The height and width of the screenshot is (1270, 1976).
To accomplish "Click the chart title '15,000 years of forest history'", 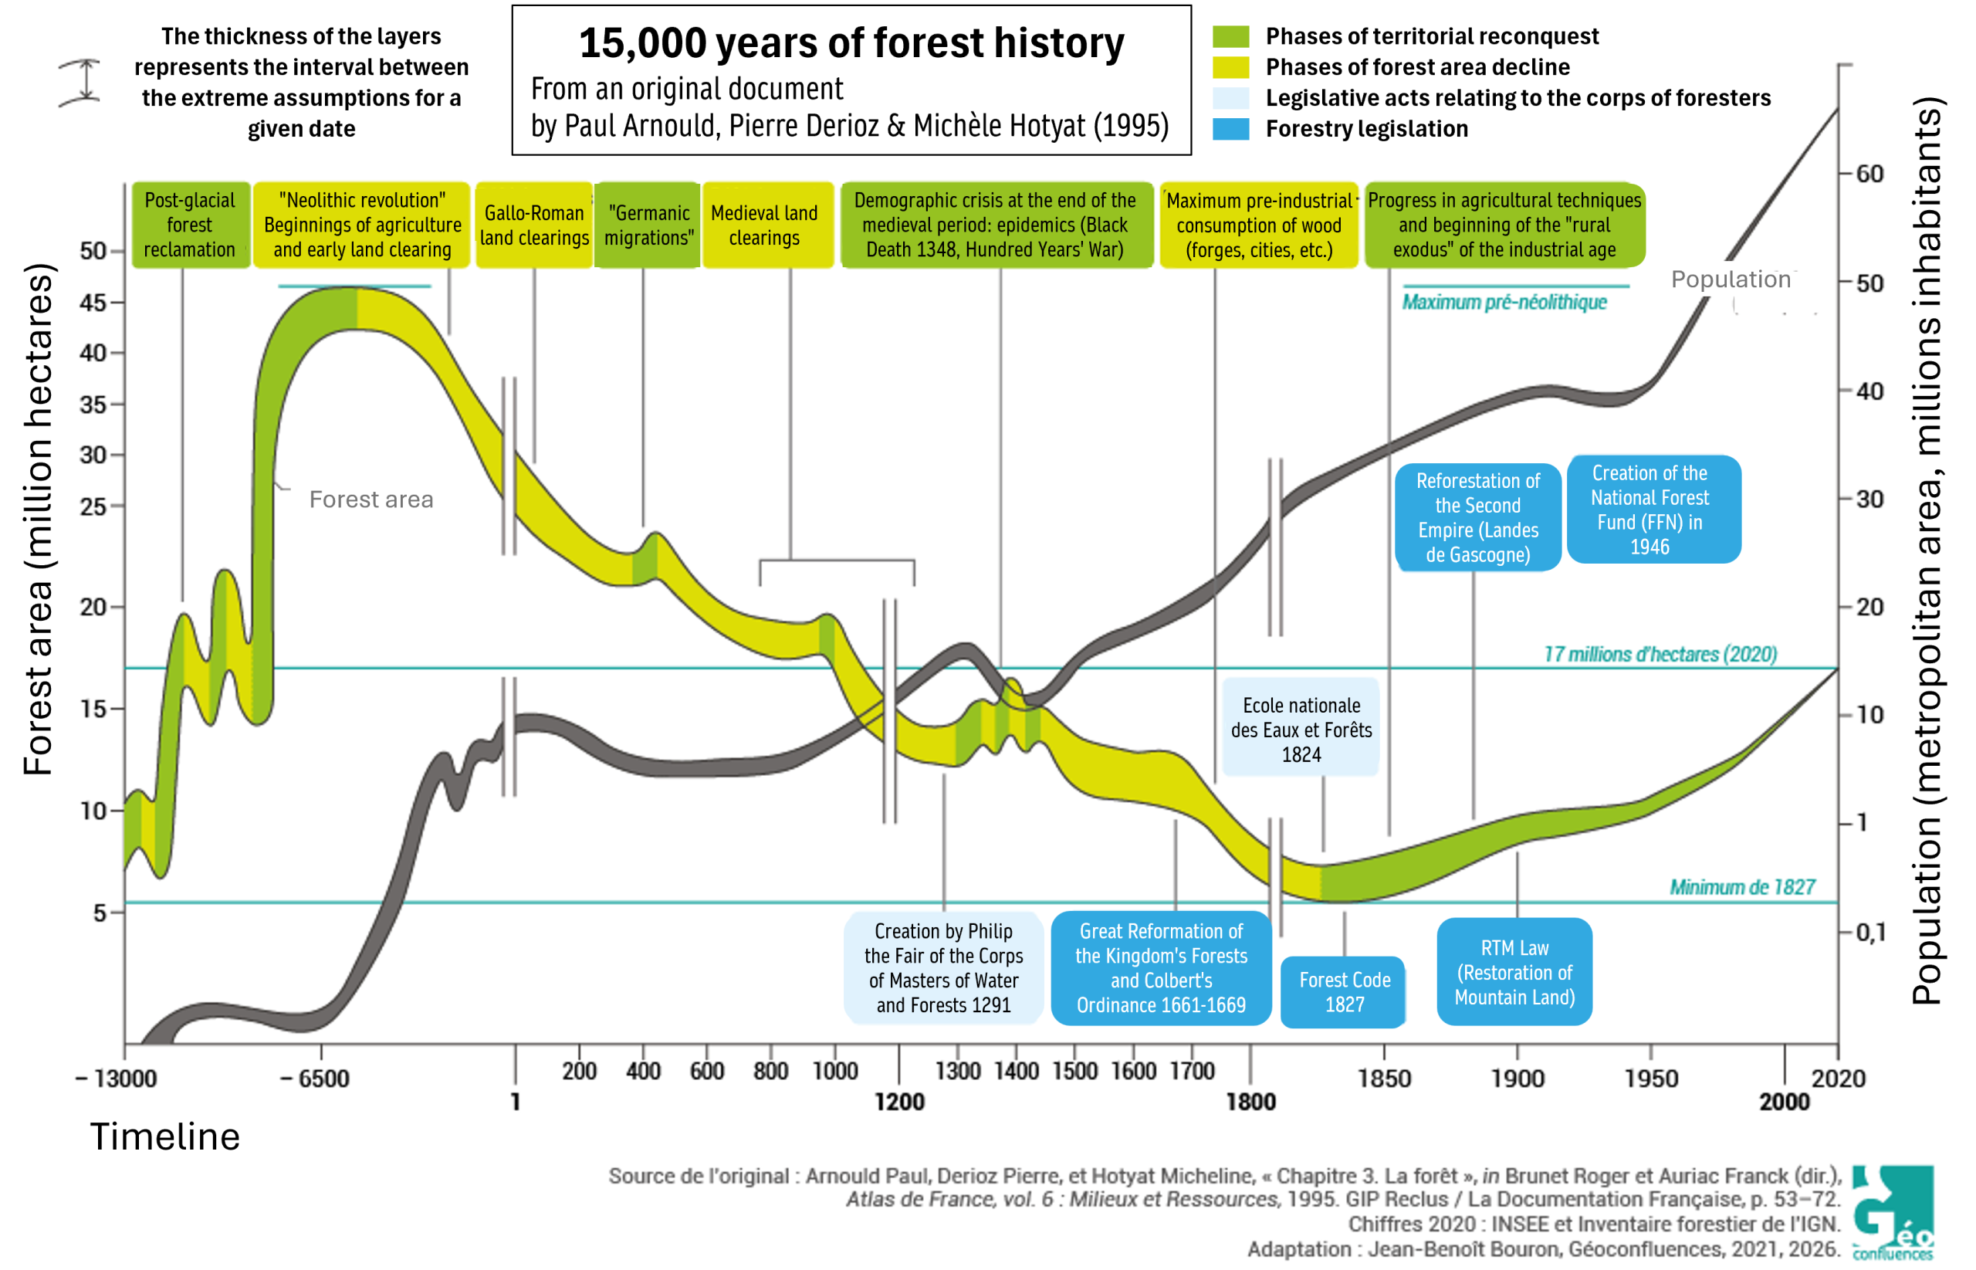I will [851, 43].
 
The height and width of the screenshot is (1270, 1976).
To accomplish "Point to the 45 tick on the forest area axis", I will [93, 303].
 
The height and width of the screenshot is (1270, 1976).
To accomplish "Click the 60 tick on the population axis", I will [1869, 174].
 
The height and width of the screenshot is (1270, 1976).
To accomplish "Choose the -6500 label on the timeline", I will [315, 1078].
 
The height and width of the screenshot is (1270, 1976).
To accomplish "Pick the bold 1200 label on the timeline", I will [899, 1102].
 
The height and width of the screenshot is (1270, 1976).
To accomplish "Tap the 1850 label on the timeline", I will [1384, 1078].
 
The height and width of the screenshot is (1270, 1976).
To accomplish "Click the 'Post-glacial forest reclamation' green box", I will [191, 225].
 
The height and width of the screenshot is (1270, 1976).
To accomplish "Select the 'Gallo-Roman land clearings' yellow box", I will [534, 225].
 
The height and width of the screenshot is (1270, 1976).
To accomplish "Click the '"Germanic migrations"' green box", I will [648, 225].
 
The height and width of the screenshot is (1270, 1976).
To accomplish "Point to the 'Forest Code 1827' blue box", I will [1344, 991].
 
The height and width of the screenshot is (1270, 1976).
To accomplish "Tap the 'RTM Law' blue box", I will [1514, 971].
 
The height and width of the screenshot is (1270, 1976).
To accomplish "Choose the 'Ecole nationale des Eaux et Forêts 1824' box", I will [1301, 729].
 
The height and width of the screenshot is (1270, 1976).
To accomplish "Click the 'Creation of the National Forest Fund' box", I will [1653, 509].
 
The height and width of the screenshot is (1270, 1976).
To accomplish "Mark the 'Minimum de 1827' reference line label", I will [1742, 886].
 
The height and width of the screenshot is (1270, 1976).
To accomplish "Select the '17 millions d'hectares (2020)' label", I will [1660, 654].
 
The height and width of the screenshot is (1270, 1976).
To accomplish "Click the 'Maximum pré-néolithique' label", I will [1504, 302].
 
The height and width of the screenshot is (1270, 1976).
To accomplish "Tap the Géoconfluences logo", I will [1892, 1212].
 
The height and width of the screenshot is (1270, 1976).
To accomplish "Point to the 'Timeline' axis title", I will [165, 1136].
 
